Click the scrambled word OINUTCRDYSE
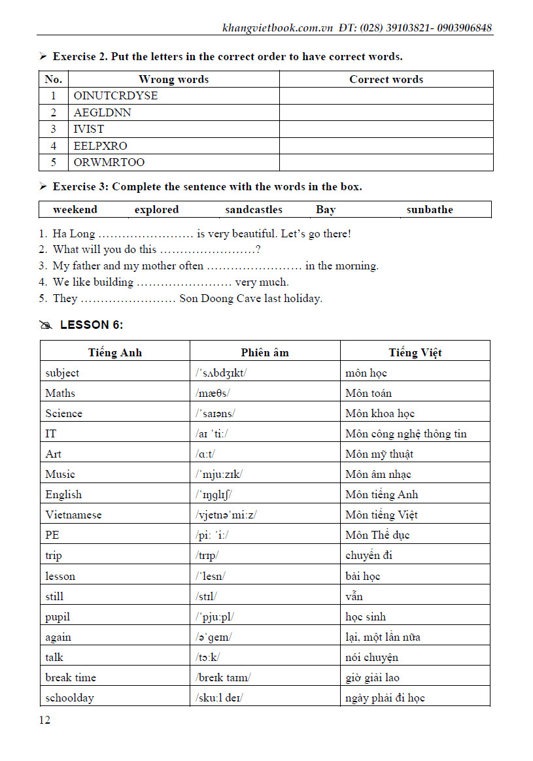[x=116, y=96]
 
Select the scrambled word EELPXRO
[x=100, y=146]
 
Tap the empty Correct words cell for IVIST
[x=386, y=129]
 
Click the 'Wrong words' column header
[x=173, y=80]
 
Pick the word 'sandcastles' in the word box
[x=254, y=210]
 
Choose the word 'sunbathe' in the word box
[x=430, y=210]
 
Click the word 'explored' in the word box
[x=156, y=210]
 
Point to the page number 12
[x=44, y=720]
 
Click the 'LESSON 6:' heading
[x=91, y=325]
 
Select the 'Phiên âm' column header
[x=264, y=352]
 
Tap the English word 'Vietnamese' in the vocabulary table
[x=73, y=515]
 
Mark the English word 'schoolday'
[x=69, y=698]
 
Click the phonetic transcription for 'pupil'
[x=215, y=617]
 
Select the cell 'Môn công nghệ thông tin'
[x=405, y=433]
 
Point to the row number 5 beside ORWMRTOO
[x=54, y=162]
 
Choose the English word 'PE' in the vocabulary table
[x=52, y=535]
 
